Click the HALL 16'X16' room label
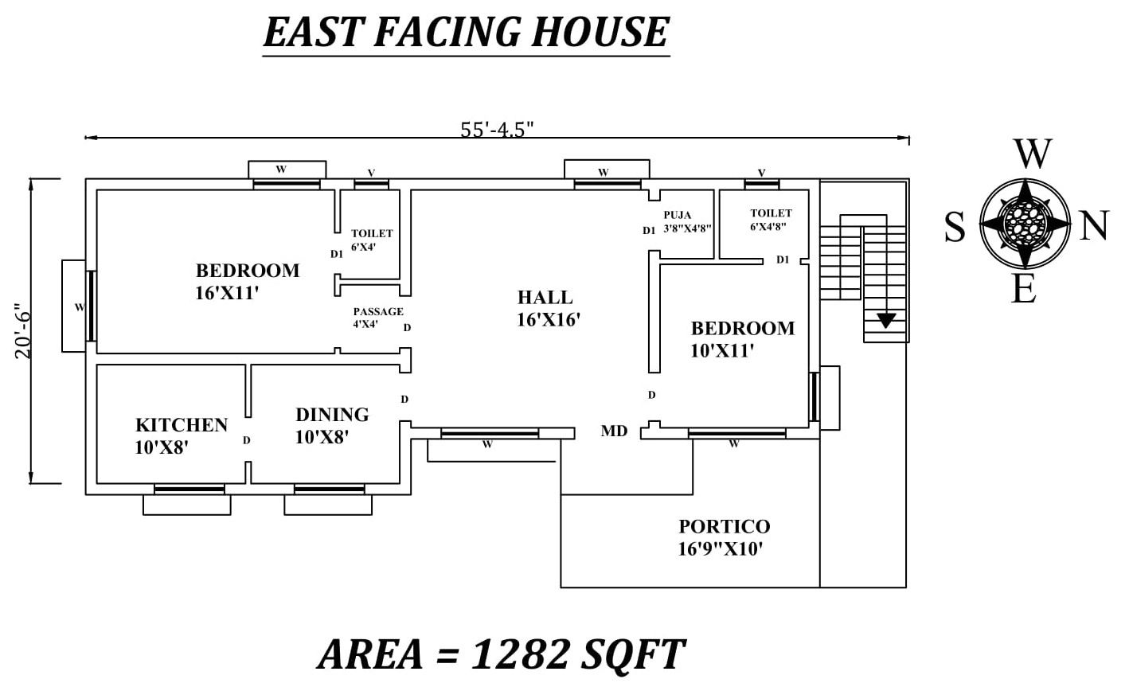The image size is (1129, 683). (548, 309)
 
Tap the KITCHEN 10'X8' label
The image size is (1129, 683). (182, 436)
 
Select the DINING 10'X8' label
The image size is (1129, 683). (332, 426)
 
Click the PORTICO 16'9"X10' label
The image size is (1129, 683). (724, 537)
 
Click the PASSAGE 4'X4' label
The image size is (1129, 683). (377, 318)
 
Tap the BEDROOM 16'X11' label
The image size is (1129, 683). (247, 281)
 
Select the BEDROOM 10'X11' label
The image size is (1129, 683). (742, 339)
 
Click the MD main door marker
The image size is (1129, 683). (614, 431)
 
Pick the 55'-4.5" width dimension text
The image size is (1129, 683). (497, 130)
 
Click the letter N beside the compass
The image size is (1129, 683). (1095, 227)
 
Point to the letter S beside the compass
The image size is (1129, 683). (955, 228)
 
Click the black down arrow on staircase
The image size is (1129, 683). (886, 321)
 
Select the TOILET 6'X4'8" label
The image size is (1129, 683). (771, 219)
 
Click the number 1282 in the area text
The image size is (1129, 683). (522, 654)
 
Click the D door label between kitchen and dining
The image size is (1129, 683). (247, 440)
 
